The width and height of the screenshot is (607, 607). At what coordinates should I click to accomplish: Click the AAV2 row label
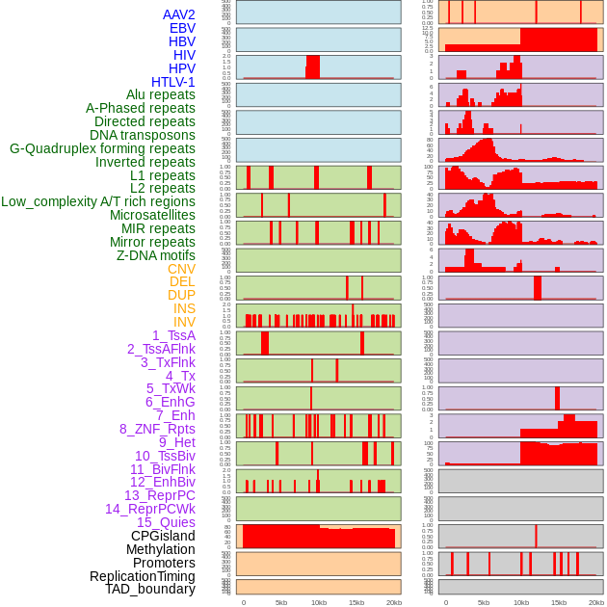[x=178, y=14]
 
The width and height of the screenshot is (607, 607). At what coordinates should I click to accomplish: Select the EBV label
[x=182, y=28]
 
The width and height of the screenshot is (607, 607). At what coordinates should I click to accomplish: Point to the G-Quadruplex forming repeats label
[x=102, y=148]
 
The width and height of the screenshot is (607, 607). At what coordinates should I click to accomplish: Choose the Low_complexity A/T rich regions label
[x=98, y=201]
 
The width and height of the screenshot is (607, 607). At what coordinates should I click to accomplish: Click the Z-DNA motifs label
[x=156, y=255]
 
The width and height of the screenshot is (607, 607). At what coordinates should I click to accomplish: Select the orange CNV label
[x=181, y=269]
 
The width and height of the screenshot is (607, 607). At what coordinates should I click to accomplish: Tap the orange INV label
[x=184, y=322]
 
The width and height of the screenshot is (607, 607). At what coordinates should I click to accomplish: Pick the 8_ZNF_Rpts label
[x=157, y=429]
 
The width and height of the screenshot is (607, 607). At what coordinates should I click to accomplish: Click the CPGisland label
[x=163, y=536]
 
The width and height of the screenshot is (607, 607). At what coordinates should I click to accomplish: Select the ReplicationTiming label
[x=142, y=576]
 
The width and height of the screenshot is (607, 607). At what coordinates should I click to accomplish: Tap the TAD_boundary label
[x=149, y=589]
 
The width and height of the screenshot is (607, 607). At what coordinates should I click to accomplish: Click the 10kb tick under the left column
[x=319, y=602]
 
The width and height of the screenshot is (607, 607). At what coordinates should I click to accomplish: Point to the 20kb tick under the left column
[x=394, y=602]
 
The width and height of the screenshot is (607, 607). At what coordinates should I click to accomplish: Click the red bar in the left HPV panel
[x=312, y=66]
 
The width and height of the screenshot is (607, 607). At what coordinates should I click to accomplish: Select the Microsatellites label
[x=152, y=215]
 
